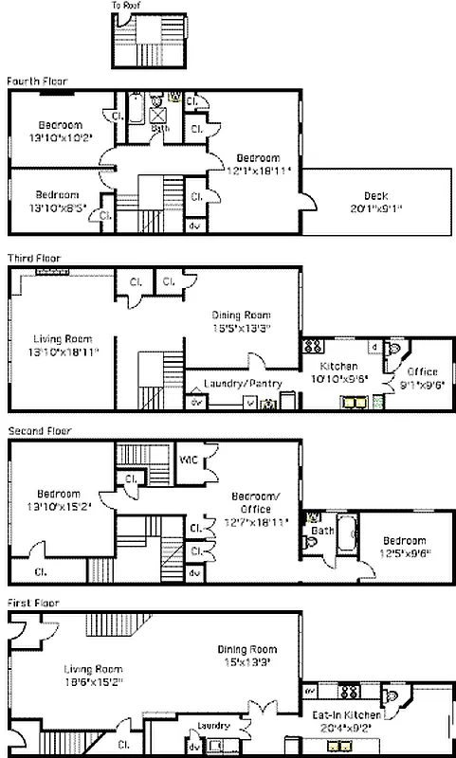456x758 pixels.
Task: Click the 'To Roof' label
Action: click(124, 5)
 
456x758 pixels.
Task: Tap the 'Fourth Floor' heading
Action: click(37, 81)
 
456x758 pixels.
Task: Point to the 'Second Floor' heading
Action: click(39, 431)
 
